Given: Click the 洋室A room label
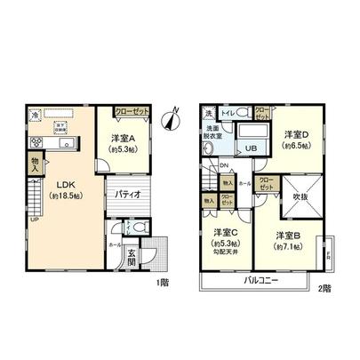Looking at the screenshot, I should [122, 139].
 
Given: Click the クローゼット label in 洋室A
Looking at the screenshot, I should [131, 113].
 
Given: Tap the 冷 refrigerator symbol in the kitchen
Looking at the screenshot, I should [33, 116].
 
